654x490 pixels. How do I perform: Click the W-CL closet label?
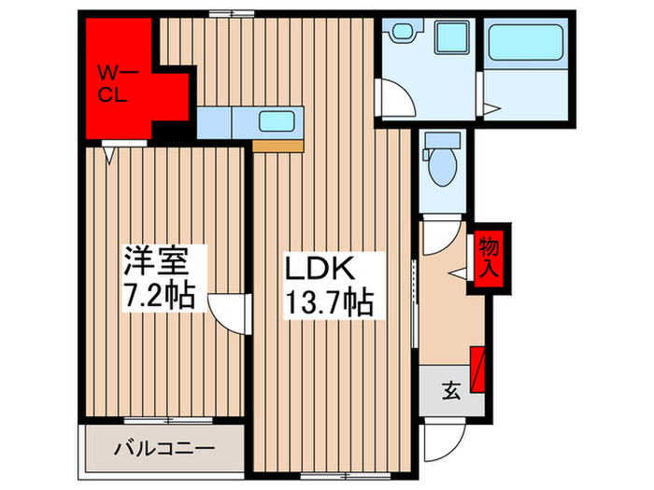click(119, 81)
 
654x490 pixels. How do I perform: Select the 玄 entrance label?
click(450, 391)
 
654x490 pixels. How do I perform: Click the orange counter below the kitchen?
click(278, 146)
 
